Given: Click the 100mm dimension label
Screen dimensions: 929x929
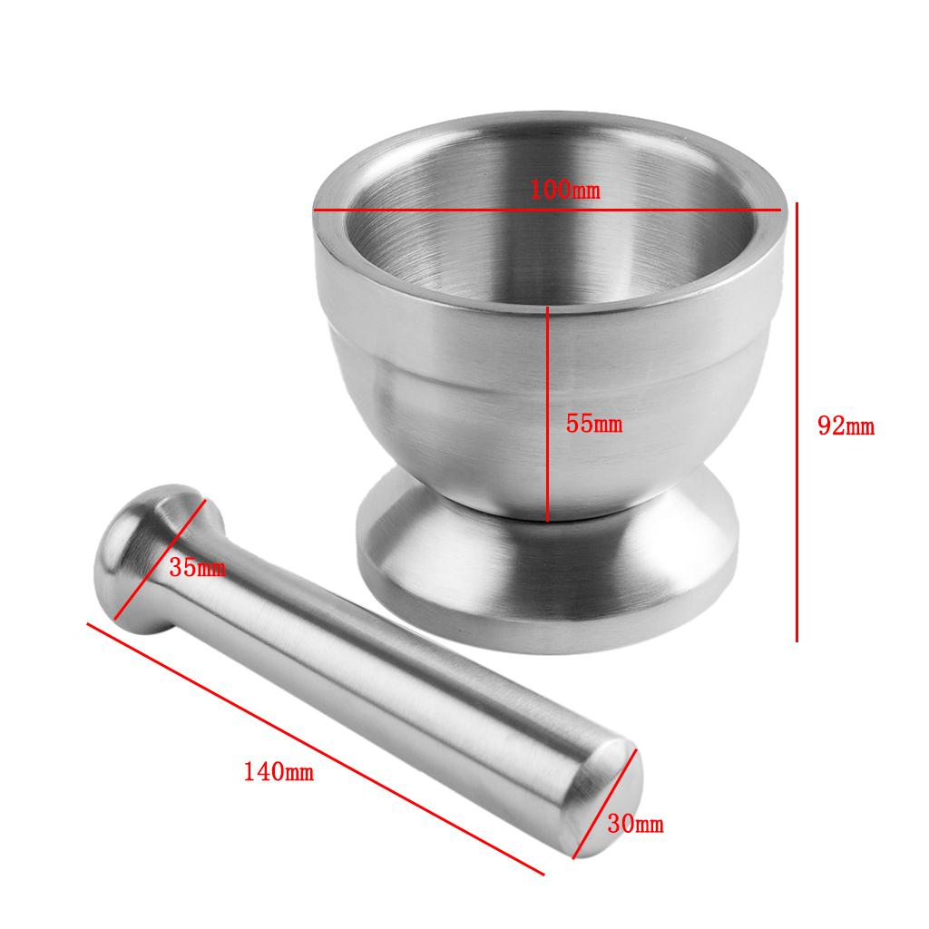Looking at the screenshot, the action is click(x=564, y=191).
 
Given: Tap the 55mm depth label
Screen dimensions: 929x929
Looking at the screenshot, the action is click(x=593, y=425).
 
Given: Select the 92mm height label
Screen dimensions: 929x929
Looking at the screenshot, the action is click(x=846, y=426).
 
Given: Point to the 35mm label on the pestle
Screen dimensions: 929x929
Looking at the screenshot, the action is click(x=197, y=568).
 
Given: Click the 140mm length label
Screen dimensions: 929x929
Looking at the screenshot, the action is click(x=279, y=771).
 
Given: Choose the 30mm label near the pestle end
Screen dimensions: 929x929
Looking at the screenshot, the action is click(x=635, y=824).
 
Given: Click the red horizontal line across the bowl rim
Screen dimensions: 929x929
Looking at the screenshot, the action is click(x=547, y=210).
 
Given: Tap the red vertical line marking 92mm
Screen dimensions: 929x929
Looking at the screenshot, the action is click(x=797, y=422).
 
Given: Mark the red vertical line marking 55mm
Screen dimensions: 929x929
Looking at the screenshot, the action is click(x=547, y=414).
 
